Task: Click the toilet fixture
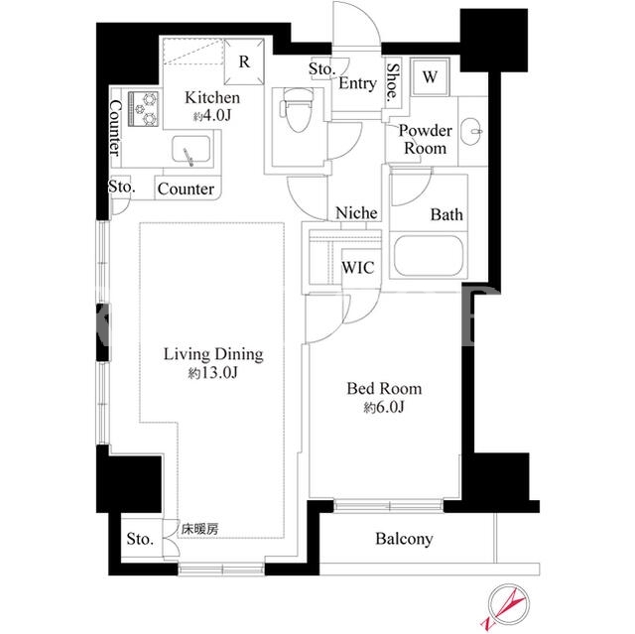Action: (x=298, y=110)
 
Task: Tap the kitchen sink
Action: (x=190, y=149)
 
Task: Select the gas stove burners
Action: (x=143, y=109)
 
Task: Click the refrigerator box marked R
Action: (x=244, y=62)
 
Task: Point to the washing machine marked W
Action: (x=430, y=77)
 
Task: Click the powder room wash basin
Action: (x=472, y=131)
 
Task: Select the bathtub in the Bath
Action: (x=428, y=255)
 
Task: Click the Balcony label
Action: (x=404, y=539)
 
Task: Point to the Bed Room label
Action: (x=384, y=389)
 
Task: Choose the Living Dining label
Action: (x=213, y=354)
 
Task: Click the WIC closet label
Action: (x=358, y=268)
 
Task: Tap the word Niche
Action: (x=356, y=212)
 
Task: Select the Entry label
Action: (x=357, y=83)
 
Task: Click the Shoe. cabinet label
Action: (x=392, y=82)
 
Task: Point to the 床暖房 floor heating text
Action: (x=199, y=529)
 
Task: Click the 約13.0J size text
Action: (x=212, y=373)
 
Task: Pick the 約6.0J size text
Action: (x=384, y=407)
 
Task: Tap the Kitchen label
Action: (x=212, y=97)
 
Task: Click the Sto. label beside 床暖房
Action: (x=140, y=539)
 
